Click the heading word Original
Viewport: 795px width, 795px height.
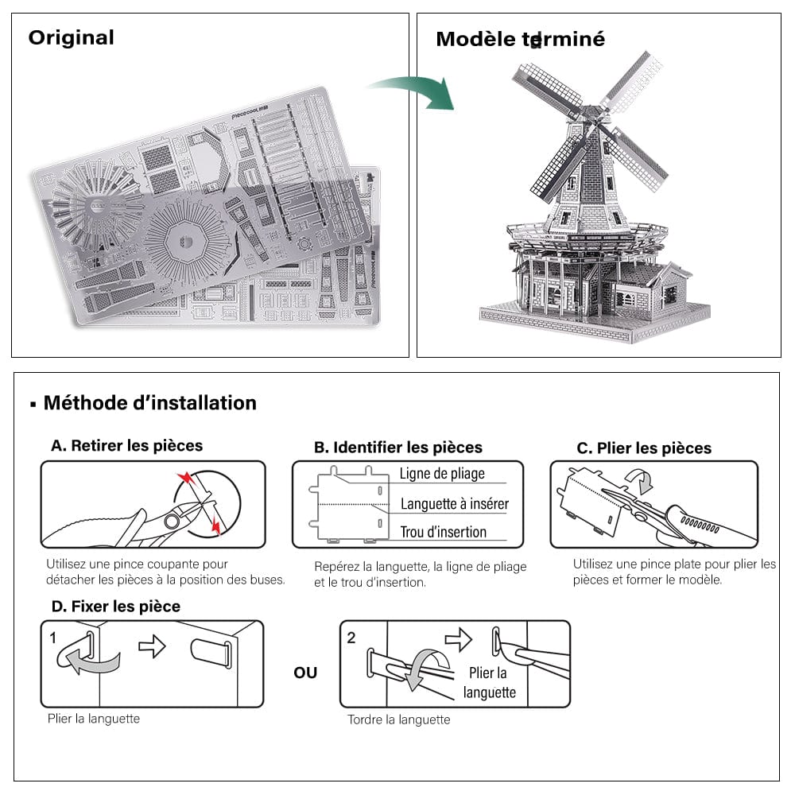[x=71, y=37]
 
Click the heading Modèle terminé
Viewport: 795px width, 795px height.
[x=520, y=39]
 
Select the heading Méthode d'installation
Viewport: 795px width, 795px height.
[x=149, y=403]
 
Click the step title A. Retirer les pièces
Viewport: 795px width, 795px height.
[x=126, y=446]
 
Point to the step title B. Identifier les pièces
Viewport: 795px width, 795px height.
[x=397, y=448]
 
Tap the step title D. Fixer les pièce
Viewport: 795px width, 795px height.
[x=115, y=607]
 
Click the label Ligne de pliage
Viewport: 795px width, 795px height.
[x=442, y=474]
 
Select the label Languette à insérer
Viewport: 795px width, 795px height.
[x=454, y=504]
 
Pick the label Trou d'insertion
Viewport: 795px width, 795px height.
[x=443, y=533]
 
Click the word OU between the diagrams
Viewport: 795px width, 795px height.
[x=305, y=673]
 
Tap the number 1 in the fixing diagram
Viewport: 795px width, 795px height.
[x=52, y=638]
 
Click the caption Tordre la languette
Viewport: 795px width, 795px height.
[x=398, y=719]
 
